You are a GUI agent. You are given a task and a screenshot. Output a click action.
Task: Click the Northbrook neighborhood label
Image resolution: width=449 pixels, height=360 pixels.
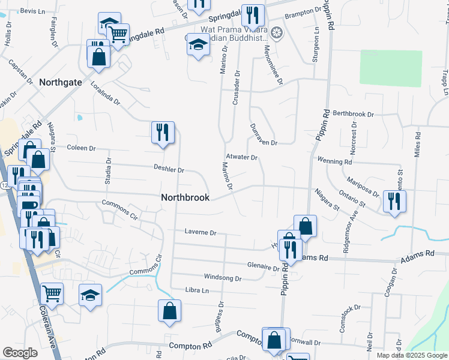coord(185,197)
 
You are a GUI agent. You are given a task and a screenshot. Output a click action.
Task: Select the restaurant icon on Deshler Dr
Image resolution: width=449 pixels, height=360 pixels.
coord(162,133)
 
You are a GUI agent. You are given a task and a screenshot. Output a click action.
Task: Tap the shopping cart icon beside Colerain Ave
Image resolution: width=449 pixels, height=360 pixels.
coord(52,294)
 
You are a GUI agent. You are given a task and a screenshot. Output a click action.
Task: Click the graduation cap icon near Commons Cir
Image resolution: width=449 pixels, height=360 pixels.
coord(90,295)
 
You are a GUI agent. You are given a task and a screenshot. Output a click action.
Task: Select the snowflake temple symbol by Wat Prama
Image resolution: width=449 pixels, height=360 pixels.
coord(277,32)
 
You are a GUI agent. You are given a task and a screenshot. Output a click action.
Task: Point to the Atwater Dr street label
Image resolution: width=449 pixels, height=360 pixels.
coord(243,158)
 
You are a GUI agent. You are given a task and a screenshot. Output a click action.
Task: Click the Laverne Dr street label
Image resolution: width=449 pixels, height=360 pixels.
coord(200,232)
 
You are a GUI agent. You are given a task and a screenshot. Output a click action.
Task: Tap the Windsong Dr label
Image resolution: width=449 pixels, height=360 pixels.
coord(223,278)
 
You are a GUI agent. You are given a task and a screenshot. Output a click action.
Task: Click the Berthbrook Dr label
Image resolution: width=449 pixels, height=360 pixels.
coord(354,113)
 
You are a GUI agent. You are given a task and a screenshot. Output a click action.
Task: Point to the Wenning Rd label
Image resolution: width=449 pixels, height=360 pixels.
coord(335,162)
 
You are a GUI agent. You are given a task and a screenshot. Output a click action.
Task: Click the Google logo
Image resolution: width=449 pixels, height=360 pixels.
coord(20,353)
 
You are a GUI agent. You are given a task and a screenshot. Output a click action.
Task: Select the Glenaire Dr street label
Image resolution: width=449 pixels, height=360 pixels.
coord(264,266)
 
